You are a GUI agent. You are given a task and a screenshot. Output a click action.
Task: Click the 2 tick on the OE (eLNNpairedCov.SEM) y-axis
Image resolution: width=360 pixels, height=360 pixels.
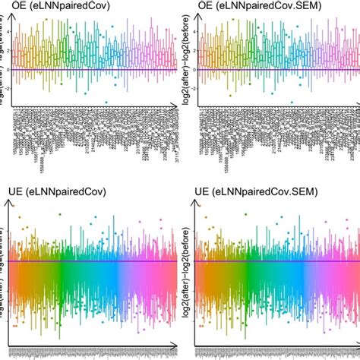tap(194, 51)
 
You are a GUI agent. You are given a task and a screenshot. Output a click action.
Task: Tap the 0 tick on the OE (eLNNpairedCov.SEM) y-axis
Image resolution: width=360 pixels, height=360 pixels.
tap(194, 70)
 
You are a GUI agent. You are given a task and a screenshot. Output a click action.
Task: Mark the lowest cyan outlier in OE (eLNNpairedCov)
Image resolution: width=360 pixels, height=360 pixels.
tap(106, 102)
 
